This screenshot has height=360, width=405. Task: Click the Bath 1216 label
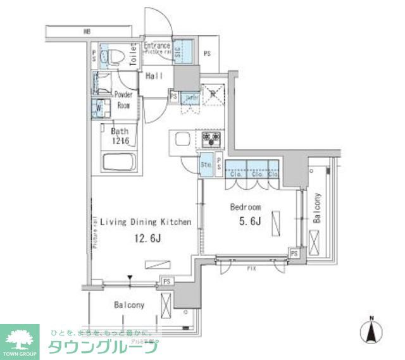(x=120, y=136)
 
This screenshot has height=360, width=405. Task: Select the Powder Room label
(x=123, y=100)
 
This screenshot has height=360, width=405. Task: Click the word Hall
(x=155, y=76)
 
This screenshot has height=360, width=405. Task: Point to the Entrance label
(x=157, y=46)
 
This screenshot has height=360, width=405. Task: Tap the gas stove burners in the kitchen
(x=211, y=137)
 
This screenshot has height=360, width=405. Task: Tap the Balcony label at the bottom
(x=130, y=305)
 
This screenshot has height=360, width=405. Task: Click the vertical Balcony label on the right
(x=316, y=209)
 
